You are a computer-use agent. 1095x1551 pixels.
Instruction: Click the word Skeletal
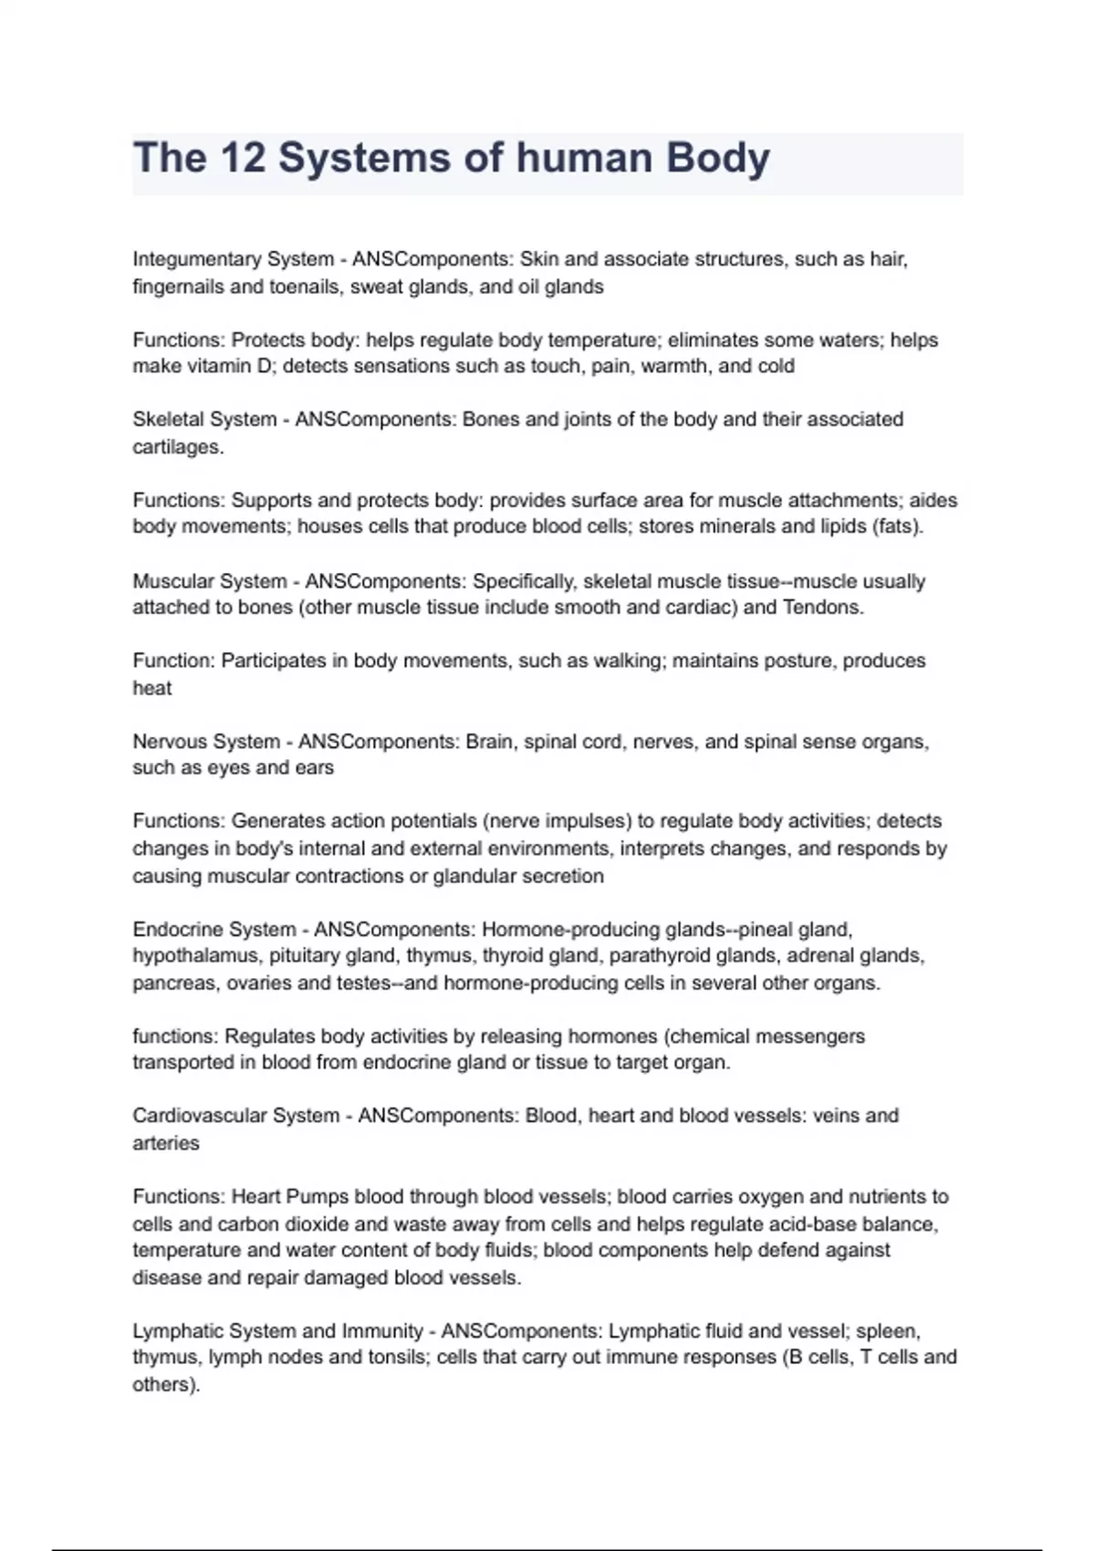point(167,420)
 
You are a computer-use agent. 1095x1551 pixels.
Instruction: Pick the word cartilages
point(177,447)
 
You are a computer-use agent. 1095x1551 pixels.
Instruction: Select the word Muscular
point(172,581)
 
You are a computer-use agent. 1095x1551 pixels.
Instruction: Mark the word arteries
point(166,1143)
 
